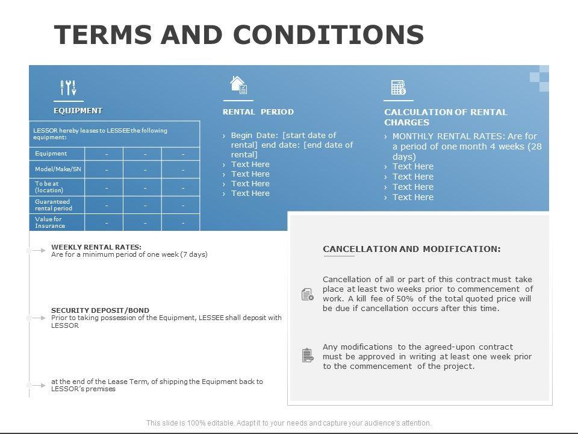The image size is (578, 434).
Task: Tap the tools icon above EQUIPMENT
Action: [69, 88]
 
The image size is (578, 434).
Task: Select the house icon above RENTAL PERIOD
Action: [238, 85]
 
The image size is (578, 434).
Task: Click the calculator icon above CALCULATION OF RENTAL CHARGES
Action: [399, 87]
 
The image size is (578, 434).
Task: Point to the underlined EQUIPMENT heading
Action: [78, 110]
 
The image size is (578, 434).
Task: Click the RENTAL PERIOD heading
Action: [258, 112]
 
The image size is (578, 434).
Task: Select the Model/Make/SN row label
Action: [58, 169]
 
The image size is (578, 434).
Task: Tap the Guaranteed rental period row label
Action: [54, 205]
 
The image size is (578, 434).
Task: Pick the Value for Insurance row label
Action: [50, 222]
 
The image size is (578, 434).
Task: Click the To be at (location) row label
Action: [49, 187]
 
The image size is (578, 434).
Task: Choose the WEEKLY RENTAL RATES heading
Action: [96, 247]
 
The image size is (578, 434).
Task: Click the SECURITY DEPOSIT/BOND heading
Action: [100, 310]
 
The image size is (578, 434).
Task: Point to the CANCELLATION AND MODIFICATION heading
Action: [411, 249]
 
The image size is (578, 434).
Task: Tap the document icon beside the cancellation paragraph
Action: [307, 294]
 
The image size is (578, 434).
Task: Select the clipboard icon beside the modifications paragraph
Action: [307, 356]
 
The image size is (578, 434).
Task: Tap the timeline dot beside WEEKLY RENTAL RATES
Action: [29, 250]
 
